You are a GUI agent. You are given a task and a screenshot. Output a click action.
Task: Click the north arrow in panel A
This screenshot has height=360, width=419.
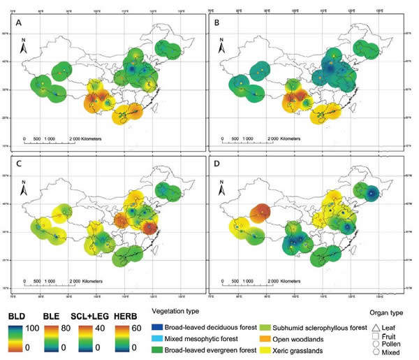(24, 50)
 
